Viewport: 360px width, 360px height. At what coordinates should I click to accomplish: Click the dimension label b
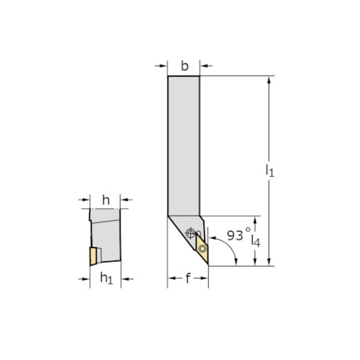click(184, 66)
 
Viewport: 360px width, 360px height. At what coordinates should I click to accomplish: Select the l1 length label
click(269, 169)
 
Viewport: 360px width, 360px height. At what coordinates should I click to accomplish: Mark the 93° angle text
click(237, 234)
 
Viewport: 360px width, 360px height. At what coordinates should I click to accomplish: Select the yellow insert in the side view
click(92, 255)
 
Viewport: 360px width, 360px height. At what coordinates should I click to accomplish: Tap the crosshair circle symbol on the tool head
click(189, 232)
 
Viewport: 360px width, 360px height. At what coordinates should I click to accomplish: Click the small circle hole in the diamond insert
click(203, 250)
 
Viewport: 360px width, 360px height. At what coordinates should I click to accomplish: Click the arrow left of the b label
click(162, 66)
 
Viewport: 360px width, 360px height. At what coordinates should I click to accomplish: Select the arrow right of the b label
click(207, 66)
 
